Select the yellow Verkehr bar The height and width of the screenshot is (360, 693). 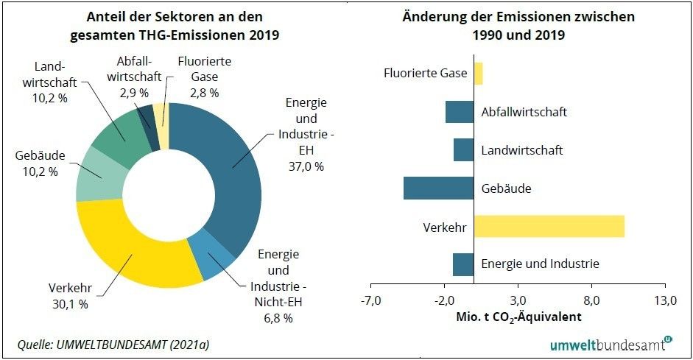[x=549, y=226]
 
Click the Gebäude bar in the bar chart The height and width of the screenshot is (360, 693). [x=438, y=188]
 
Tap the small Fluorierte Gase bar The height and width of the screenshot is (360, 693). [x=478, y=74]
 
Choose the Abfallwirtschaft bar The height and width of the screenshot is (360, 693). [x=459, y=112]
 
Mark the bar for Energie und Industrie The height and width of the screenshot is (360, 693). [x=462, y=264]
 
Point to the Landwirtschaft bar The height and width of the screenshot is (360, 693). [x=463, y=150]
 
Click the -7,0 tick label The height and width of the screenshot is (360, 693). [x=370, y=300]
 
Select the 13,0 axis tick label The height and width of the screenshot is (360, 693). [x=665, y=300]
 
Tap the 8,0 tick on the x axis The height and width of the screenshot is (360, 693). [x=592, y=300]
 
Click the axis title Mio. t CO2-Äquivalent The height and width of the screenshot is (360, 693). [x=518, y=317]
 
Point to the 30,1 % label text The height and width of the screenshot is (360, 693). [x=71, y=303]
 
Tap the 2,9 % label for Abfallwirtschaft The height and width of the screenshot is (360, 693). [x=133, y=93]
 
